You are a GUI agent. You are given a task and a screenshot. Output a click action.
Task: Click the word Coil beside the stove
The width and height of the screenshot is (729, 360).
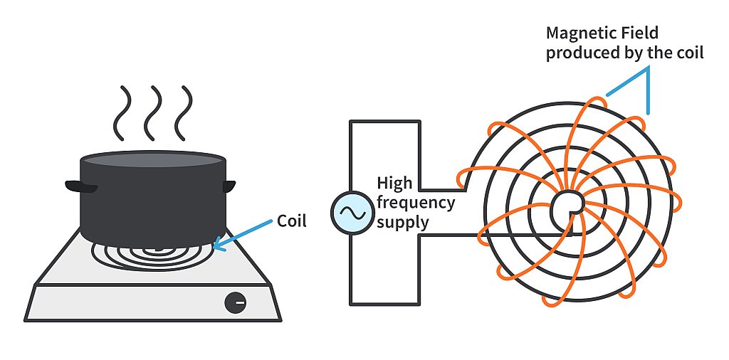(x=291, y=221)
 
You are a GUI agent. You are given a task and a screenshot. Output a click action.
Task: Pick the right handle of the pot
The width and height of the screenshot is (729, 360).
(x=229, y=186)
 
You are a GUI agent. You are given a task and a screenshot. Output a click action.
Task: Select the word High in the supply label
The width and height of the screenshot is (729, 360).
(x=394, y=184)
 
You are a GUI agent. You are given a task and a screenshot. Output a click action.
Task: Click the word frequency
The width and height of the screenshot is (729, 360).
(x=416, y=203)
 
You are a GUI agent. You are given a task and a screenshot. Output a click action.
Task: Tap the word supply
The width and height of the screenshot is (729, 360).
(x=402, y=222)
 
